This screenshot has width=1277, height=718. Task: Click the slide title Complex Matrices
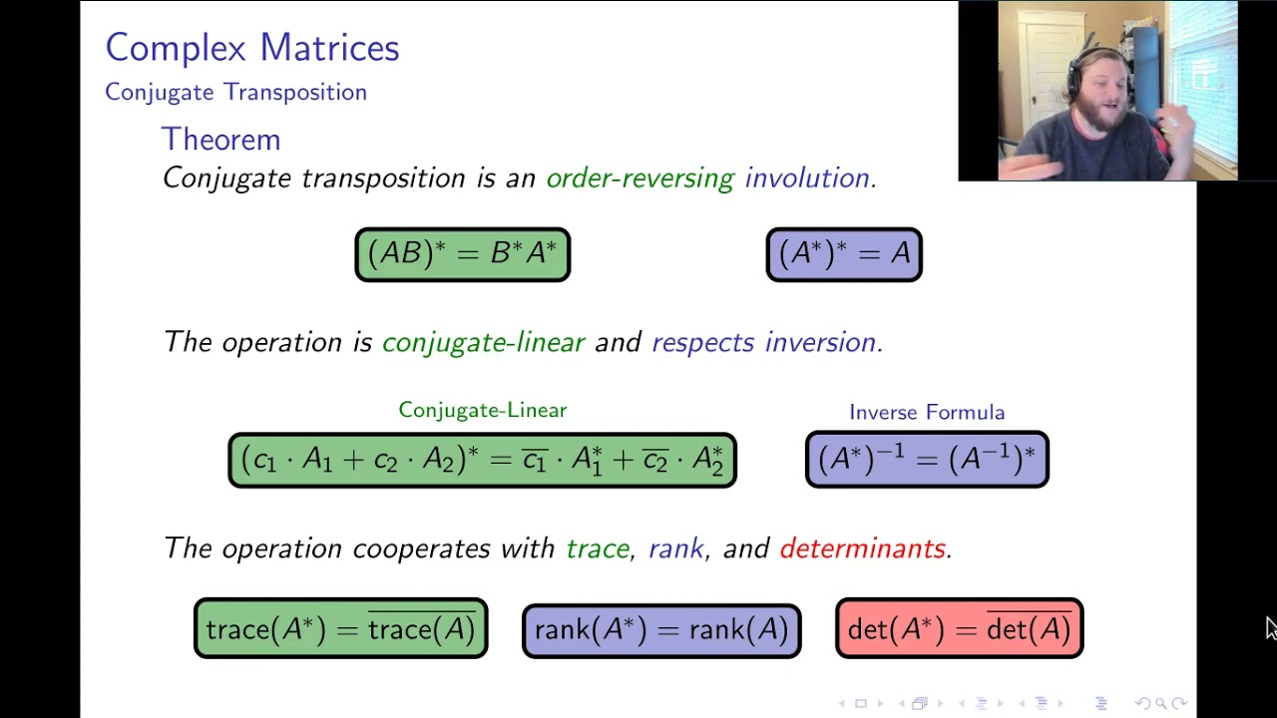(x=251, y=48)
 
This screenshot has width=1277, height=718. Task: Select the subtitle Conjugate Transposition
(x=235, y=92)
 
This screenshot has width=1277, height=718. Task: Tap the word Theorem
(x=220, y=140)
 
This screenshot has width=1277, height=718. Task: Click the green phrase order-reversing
(x=639, y=179)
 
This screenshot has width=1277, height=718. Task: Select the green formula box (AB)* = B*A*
(x=463, y=254)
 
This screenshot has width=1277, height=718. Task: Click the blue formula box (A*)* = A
(x=844, y=254)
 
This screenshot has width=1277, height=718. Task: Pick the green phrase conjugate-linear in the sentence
(x=483, y=343)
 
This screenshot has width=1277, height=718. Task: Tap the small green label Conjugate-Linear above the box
(x=482, y=410)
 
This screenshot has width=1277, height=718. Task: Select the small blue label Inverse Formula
(x=926, y=412)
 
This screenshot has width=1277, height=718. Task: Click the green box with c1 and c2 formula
(x=482, y=460)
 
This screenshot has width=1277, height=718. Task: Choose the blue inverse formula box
(x=926, y=459)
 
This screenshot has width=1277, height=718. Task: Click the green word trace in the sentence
(x=597, y=548)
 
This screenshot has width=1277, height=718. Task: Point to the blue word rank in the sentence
(x=675, y=548)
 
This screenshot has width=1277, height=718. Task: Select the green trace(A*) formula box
(x=340, y=629)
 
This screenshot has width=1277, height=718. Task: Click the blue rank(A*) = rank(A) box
(x=660, y=630)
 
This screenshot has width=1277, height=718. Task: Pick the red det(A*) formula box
(x=959, y=629)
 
